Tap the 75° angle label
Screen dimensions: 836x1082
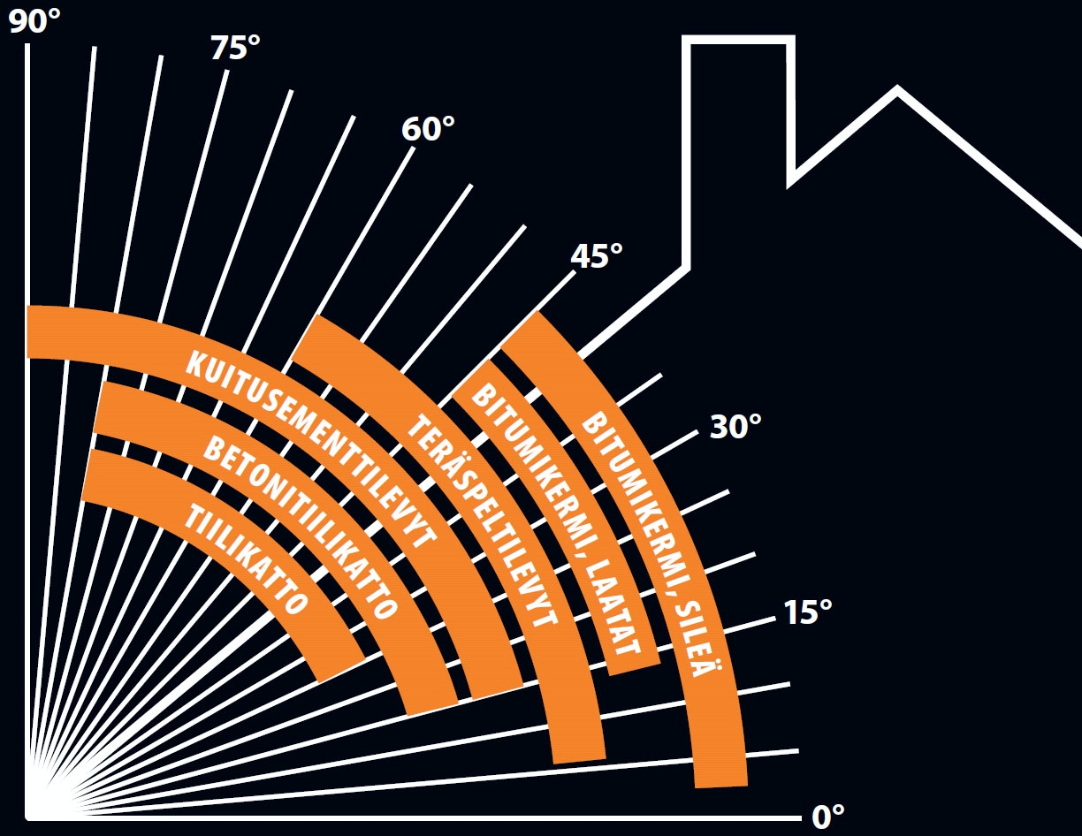point(235,48)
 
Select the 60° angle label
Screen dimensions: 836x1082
point(428,130)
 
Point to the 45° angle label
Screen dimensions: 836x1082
point(596,257)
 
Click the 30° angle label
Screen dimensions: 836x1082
point(735,427)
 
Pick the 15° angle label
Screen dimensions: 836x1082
point(808,612)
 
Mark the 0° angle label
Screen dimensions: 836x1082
point(827,815)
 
